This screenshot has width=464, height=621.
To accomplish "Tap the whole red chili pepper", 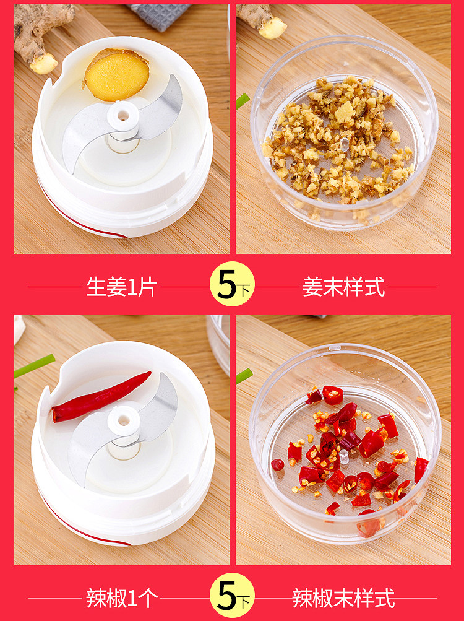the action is (101, 397).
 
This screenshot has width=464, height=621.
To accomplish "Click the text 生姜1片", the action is (122, 287).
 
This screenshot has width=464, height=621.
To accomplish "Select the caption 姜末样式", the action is (343, 287).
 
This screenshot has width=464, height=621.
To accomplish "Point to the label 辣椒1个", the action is (122, 598).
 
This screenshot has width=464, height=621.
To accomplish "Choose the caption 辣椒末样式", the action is (343, 598).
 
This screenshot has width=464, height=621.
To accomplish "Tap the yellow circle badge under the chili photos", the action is (232, 595).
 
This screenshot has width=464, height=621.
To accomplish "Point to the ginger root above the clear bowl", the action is (263, 20).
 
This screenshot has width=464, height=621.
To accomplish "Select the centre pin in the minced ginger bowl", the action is (344, 145).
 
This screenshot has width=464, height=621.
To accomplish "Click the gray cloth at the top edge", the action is (159, 17).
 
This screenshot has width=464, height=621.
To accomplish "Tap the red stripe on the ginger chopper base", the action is (79, 217).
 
